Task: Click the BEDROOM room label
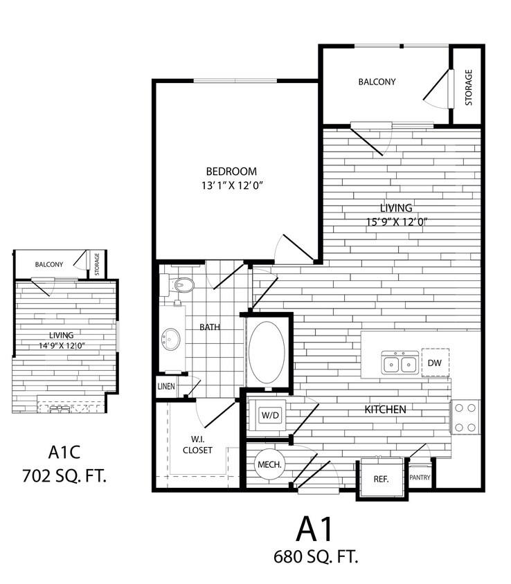[231, 171]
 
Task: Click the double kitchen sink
[400, 363]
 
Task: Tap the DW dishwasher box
[435, 363]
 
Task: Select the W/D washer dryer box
[269, 415]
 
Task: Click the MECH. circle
[269, 466]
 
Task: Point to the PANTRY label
[420, 478]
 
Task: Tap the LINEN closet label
[166, 387]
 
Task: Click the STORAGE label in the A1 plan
[469, 87]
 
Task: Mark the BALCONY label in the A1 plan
[377, 82]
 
